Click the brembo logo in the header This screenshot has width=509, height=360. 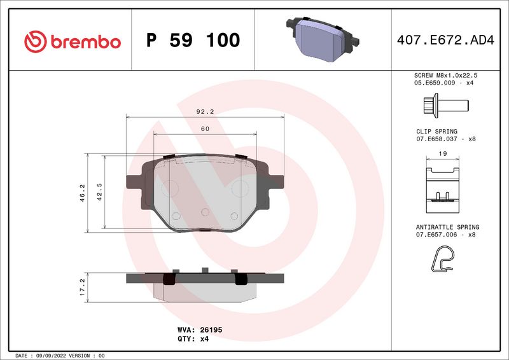pos(73,41)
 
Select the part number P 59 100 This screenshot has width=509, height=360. pos(193,40)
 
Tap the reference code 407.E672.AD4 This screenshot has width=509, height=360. pos(445,40)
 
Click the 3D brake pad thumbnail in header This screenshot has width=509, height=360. pos(323,39)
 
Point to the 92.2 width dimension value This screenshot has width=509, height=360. pos(205,112)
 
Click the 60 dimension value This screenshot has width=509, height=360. pos(205,129)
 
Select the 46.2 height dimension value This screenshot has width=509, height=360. pos(83,193)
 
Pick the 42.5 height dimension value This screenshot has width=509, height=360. pos(99,192)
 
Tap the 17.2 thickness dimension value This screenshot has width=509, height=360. pos(83,287)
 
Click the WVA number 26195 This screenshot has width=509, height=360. pos(211,330)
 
